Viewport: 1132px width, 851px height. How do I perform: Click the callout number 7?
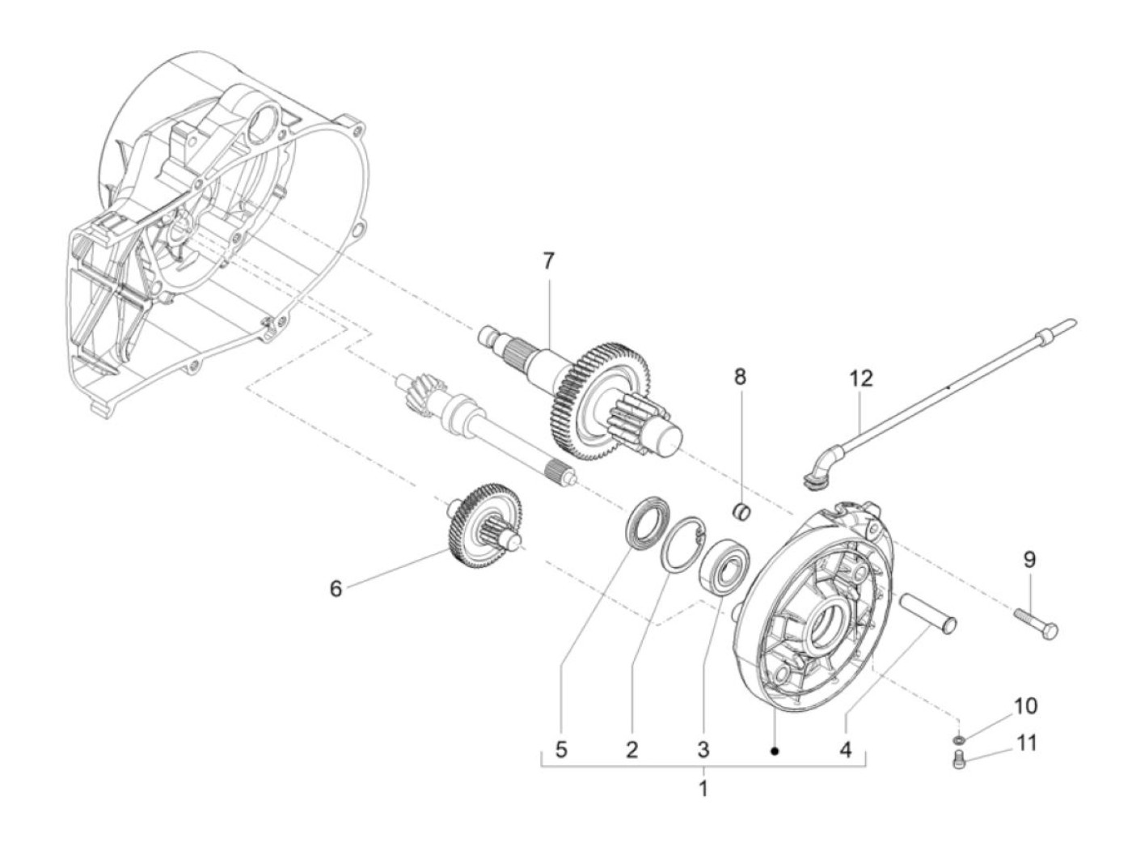point(547,261)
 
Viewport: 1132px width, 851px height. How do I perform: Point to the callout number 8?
point(740,377)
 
